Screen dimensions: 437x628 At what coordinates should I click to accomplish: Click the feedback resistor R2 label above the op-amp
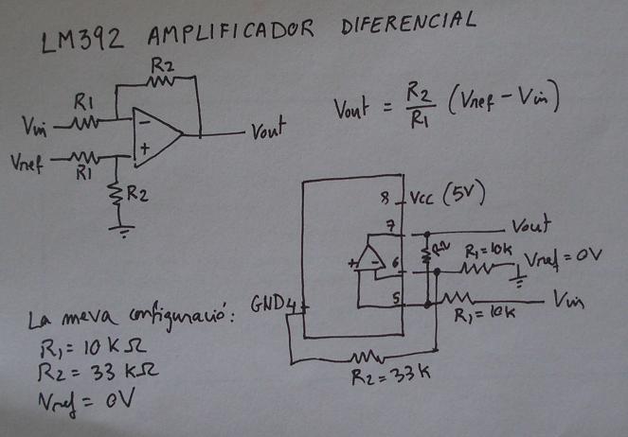[x=162, y=65]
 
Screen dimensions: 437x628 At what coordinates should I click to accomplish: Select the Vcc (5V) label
[x=448, y=196]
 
